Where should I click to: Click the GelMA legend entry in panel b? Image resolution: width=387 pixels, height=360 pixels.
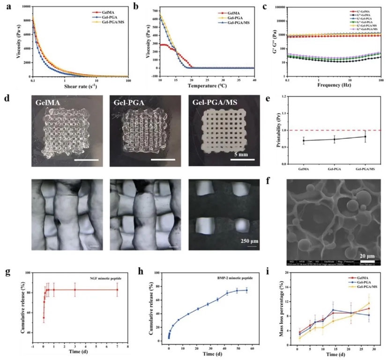pos(228,15)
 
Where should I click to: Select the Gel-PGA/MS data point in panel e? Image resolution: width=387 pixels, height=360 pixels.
pos(365,136)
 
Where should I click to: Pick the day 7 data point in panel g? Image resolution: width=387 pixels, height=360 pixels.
pos(118,290)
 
